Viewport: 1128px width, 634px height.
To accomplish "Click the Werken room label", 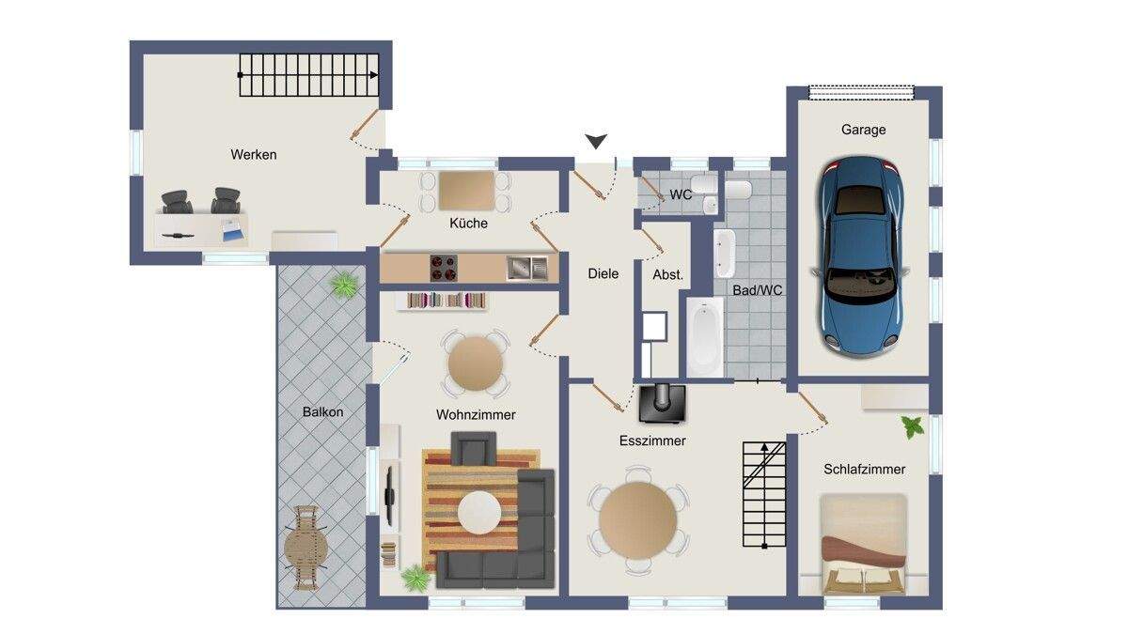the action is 253,154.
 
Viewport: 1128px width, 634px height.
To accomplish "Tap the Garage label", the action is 863,130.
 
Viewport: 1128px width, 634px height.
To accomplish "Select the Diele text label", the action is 603,273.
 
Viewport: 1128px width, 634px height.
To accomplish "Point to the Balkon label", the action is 322,412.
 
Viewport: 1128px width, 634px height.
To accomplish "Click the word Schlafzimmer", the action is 864,470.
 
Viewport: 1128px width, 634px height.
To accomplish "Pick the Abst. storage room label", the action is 667,274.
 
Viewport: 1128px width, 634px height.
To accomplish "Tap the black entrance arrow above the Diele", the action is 596,142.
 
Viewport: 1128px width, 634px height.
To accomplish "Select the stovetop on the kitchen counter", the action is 444,268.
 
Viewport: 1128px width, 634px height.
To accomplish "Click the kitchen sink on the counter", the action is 526,268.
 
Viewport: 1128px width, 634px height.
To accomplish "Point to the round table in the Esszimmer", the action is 637,520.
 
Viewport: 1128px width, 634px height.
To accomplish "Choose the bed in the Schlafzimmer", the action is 863,544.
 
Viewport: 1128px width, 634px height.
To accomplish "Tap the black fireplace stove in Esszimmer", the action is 662,404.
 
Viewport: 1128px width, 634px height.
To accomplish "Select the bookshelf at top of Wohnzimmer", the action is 442,301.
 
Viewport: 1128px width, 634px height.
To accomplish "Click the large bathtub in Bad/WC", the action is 705,336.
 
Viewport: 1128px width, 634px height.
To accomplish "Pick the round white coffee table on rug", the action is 479,513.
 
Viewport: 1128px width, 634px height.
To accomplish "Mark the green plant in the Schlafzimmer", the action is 913,426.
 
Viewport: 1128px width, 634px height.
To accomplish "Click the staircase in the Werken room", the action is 308,75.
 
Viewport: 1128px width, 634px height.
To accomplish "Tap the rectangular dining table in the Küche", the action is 466,190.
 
